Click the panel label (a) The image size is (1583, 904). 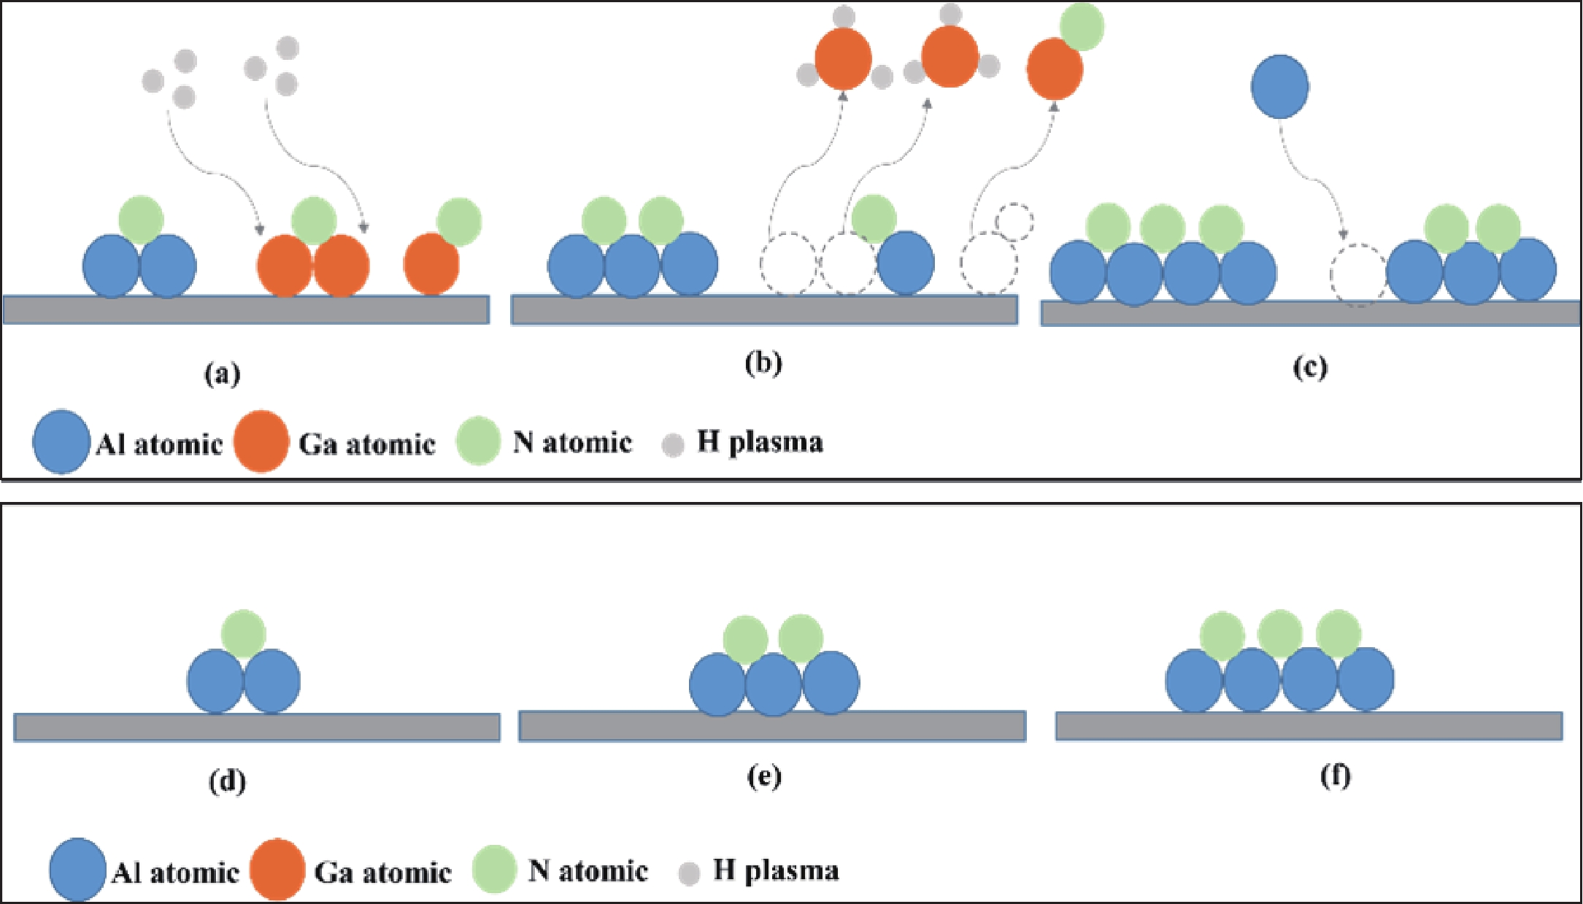click(222, 374)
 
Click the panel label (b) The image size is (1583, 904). click(763, 363)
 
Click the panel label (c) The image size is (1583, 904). click(1310, 367)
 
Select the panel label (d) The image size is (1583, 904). click(227, 781)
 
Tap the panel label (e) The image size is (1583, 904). click(764, 776)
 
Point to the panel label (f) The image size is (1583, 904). click(1336, 775)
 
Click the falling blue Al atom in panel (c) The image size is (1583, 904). click(1279, 86)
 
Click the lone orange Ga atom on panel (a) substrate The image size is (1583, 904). click(431, 264)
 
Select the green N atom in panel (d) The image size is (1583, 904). click(243, 633)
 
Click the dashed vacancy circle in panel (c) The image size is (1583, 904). click(1357, 275)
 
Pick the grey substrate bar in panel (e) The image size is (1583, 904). click(772, 726)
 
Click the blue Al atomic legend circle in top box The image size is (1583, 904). click(61, 442)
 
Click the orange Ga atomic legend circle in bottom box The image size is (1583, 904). click(277, 870)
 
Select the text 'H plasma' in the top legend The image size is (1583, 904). click(760, 442)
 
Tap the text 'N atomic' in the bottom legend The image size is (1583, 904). click(588, 870)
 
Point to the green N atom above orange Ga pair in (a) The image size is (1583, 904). click(314, 220)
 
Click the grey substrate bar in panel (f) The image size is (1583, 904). click(1309, 726)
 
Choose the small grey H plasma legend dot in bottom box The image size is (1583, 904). click(689, 873)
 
